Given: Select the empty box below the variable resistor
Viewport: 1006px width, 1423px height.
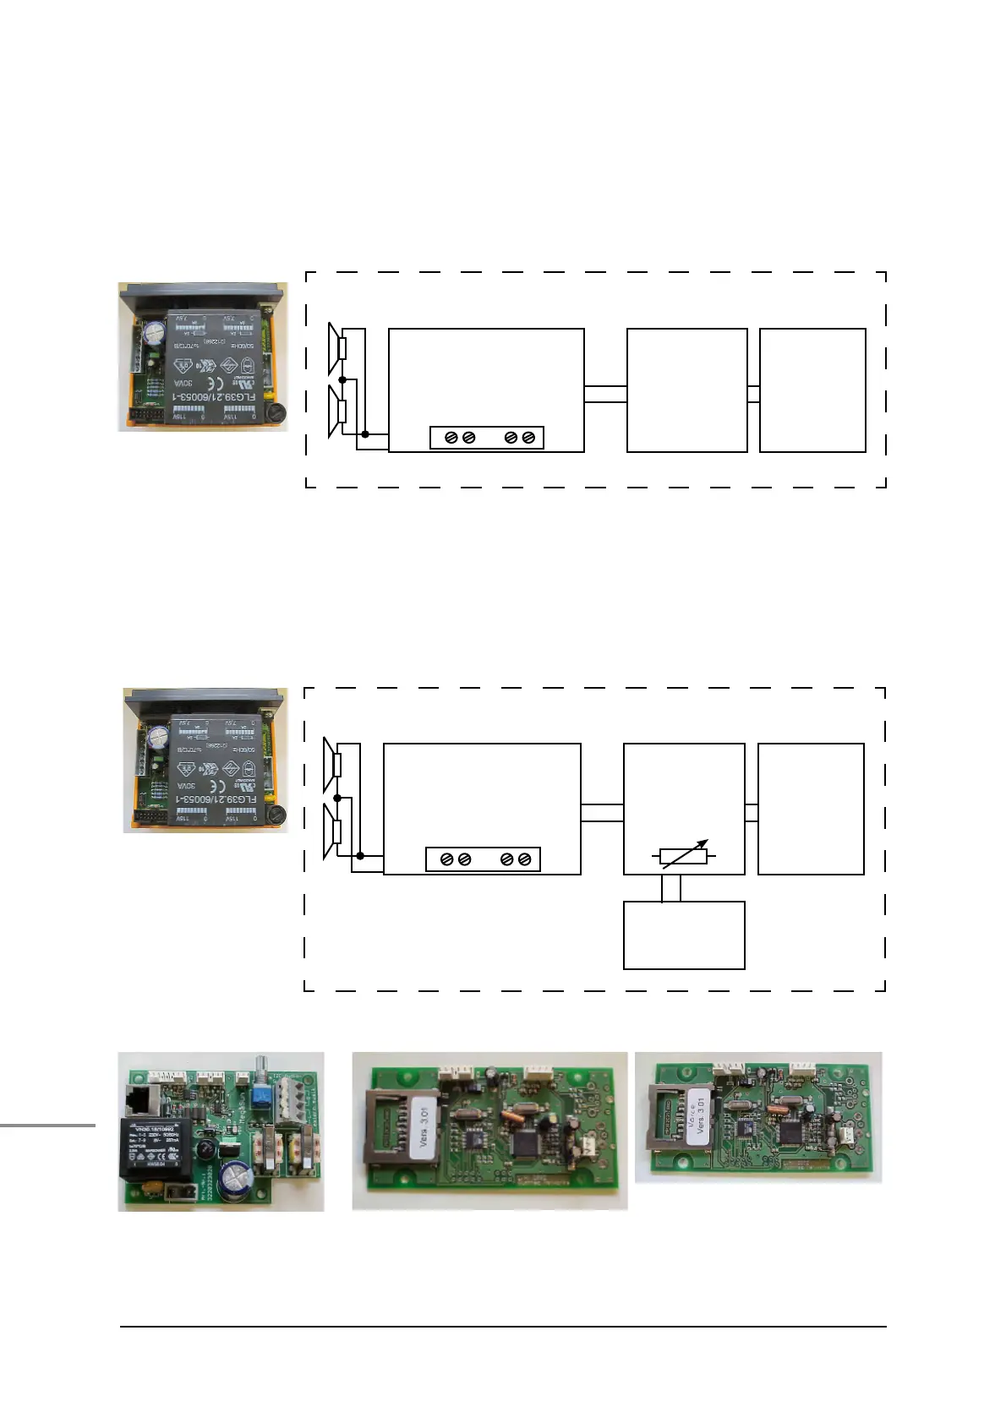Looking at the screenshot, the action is tap(684, 935).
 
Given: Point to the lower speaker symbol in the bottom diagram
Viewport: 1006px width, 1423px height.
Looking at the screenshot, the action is tap(332, 831).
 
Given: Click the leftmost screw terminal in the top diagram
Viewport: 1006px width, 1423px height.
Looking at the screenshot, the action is tap(451, 438).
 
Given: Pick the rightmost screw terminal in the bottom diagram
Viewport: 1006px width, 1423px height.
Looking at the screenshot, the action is tap(525, 859).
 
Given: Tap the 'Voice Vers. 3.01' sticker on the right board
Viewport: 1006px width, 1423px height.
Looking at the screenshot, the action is tap(697, 1115).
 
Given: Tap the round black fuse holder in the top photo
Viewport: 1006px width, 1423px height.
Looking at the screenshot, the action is tap(275, 413).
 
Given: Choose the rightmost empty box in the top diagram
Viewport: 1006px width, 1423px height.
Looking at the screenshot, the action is tap(812, 390).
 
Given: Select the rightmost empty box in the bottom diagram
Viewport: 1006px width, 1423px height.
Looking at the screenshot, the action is tap(811, 809).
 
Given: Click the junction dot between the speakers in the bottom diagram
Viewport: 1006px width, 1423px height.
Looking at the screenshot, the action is tap(337, 798).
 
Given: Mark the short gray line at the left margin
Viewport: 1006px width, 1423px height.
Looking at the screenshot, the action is tap(47, 1125).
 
